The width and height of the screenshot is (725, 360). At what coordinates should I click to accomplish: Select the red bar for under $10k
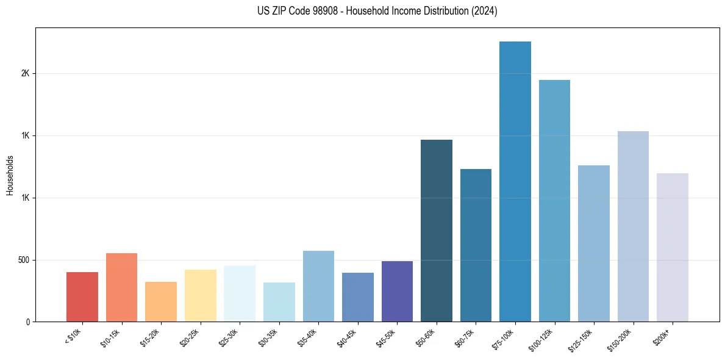pyautogui.click(x=82, y=297)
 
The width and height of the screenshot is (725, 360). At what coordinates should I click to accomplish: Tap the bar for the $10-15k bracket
pyautogui.click(x=121, y=287)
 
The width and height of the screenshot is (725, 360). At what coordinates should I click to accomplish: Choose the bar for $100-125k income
pyautogui.click(x=554, y=201)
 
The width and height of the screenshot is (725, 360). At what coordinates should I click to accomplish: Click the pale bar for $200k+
pyautogui.click(x=673, y=247)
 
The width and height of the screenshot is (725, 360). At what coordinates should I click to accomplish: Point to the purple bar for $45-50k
pyautogui.click(x=397, y=291)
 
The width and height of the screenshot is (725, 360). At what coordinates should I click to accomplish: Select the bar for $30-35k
pyautogui.click(x=279, y=302)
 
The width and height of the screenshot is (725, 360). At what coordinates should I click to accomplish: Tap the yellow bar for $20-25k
pyautogui.click(x=201, y=295)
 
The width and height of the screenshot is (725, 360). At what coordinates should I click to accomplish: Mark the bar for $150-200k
pyautogui.click(x=633, y=226)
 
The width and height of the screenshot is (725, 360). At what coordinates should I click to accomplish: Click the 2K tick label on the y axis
pyautogui.click(x=25, y=74)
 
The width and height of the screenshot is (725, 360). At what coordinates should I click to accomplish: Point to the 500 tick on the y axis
pyautogui.click(x=23, y=260)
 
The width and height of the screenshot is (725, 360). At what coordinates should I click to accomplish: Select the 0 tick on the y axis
pyautogui.click(x=27, y=322)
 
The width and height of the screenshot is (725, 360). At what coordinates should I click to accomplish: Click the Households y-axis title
pyautogui.click(x=10, y=175)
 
